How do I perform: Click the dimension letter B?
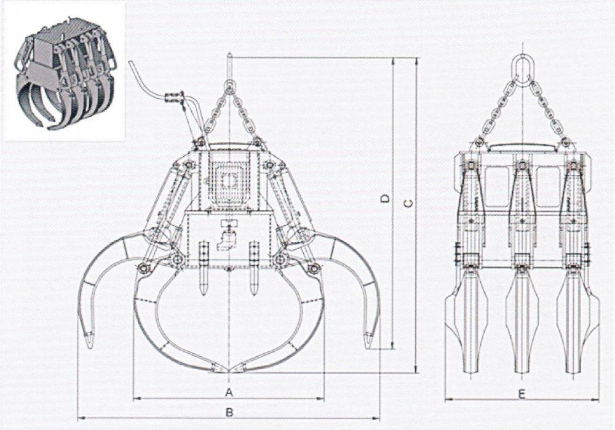(x=229, y=412)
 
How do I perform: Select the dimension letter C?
(x=408, y=204)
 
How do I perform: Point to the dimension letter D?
(x=386, y=199)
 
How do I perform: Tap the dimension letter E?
(x=522, y=394)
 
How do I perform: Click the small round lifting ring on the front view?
(x=229, y=85)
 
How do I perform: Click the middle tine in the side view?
(x=522, y=319)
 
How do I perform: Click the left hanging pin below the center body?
(x=204, y=269)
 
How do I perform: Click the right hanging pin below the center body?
(x=254, y=269)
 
